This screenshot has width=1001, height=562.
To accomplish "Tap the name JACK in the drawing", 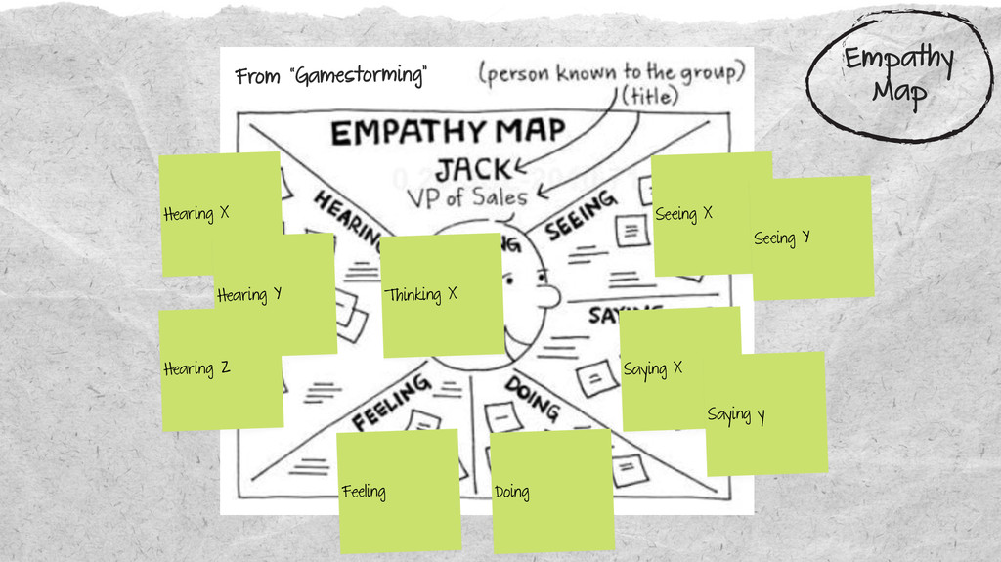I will click(473, 169).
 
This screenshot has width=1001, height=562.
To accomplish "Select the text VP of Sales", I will click(466, 196).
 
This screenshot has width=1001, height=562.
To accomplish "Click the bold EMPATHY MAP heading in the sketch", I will click(447, 131).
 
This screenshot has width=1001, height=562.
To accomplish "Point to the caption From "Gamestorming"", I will click(331, 76).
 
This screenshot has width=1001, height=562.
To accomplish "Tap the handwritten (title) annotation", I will click(650, 96).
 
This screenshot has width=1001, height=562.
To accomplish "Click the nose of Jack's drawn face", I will click(549, 295).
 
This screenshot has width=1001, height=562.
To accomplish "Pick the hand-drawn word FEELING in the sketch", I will click(391, 402).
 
